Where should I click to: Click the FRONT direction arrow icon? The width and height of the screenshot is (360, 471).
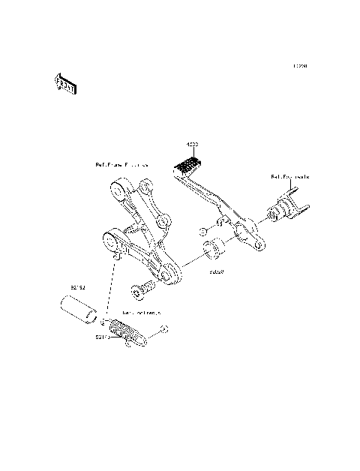tap(64, 84)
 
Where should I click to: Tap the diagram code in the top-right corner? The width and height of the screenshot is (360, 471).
tap(301, 66)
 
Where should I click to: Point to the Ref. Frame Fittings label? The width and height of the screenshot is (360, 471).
tap(121, 163)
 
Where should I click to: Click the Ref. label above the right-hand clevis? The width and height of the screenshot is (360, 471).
tap(289, 177)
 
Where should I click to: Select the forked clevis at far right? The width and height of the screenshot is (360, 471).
tap(289, 209)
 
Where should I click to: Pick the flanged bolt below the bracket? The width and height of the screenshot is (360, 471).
tap(143, 288)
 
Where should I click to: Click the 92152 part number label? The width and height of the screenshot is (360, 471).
tap(79, 286)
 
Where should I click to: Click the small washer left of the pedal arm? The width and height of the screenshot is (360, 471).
tap(203, 231)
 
